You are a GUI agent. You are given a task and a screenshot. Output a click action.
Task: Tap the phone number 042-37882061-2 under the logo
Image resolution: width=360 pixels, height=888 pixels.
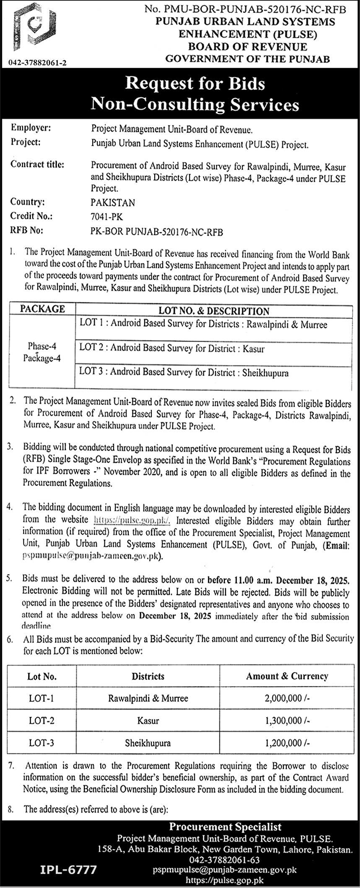[38, 63]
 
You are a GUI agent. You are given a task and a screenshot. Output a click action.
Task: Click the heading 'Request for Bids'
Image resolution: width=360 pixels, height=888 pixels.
[195, 84]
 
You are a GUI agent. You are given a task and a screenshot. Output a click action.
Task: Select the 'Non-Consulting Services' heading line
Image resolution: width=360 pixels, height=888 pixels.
[195, 104]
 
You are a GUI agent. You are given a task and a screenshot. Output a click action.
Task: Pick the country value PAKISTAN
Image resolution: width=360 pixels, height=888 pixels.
[112, 202]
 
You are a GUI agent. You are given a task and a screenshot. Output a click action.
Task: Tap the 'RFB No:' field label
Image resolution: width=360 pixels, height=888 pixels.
[29, 230]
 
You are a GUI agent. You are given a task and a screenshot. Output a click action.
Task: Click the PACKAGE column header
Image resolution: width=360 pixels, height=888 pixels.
[42, 309]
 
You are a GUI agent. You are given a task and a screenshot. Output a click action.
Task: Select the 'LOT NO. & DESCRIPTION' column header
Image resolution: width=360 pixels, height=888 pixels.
[214, 310]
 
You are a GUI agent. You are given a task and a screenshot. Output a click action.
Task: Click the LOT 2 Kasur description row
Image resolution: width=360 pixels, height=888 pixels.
[172, 348]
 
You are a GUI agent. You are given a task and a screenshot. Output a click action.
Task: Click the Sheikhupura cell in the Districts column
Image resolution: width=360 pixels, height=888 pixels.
[148, 743]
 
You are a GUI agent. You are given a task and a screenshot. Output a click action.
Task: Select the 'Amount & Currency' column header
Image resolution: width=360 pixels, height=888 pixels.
[287, 676]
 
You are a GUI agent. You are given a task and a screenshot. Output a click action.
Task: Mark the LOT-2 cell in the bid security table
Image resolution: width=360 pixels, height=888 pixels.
[41, 720]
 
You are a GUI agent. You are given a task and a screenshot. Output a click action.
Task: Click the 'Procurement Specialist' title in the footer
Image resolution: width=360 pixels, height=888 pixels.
[225, 827]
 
